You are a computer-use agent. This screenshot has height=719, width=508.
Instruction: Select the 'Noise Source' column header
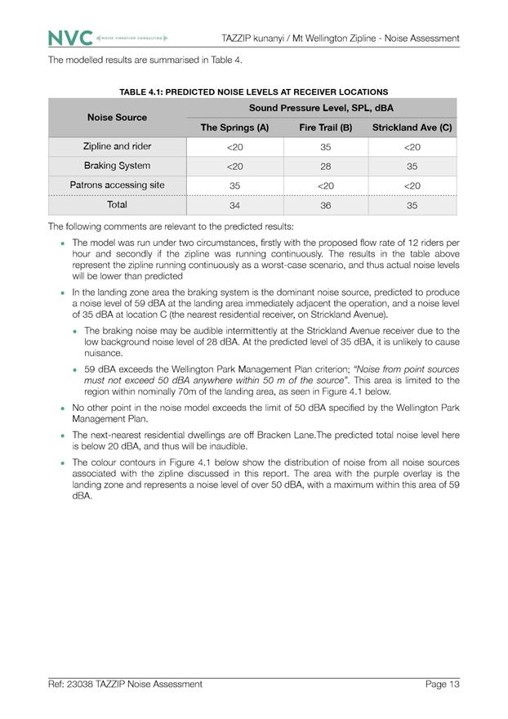(117, 118)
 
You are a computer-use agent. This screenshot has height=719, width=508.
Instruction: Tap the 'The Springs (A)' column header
(234, 127)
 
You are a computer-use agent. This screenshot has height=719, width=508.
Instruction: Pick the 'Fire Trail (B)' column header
(325, 127)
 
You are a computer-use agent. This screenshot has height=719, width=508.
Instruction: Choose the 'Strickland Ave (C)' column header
(412, 127)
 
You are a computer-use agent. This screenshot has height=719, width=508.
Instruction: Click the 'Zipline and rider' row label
(117, 147)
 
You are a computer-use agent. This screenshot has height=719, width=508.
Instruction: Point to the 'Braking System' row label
(117, 166)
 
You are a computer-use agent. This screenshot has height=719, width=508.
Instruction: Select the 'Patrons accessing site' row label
(117, 185)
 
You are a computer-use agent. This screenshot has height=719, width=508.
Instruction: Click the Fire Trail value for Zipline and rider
(325, 147)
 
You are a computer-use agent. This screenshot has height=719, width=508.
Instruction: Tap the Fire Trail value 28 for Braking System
(325, 167)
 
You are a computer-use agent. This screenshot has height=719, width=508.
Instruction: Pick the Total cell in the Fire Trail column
(325, 206)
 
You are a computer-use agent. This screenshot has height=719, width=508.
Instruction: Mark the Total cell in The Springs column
(234, 206)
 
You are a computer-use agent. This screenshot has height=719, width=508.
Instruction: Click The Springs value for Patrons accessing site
(234, 186)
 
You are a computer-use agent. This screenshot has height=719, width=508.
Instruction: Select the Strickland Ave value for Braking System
(412, 167)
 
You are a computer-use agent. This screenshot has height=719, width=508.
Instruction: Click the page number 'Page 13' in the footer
(442, 684)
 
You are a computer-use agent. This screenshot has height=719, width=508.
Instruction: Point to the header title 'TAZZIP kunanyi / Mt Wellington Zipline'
(340, 38)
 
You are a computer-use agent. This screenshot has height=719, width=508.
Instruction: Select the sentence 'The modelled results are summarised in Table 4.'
(145, 60)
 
